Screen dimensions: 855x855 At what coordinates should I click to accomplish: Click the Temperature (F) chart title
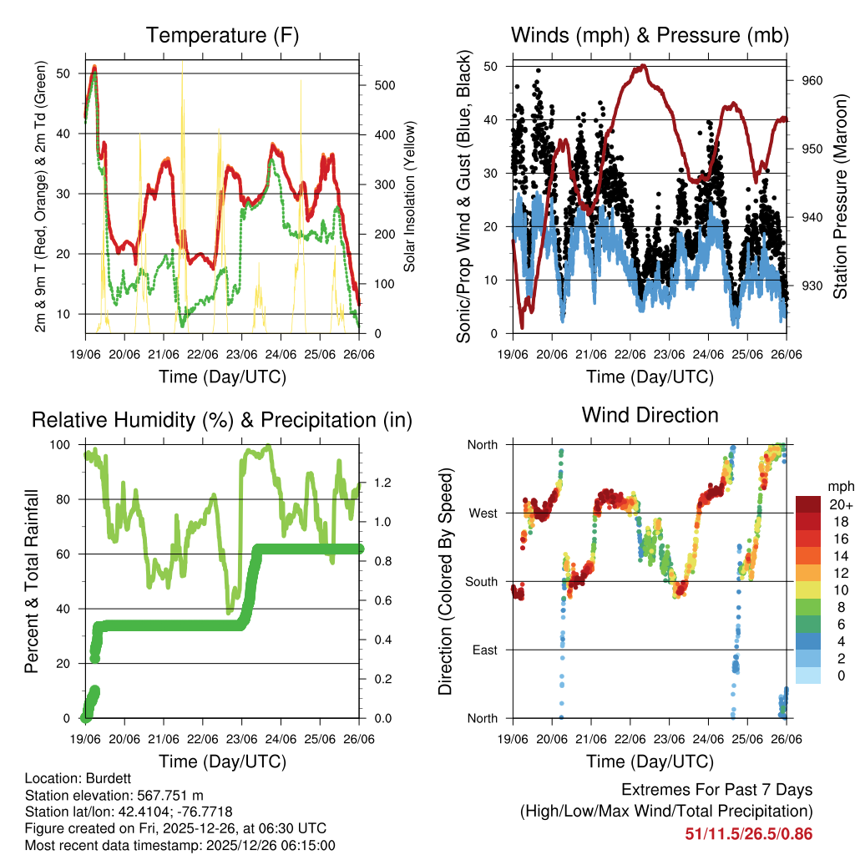222,35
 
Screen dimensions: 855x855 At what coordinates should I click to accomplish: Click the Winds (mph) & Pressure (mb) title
650,35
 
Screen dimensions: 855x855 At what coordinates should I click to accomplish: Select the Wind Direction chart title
650,414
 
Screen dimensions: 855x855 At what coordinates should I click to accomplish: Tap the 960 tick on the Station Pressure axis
813,80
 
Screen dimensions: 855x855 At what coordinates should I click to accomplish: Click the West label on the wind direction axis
482,513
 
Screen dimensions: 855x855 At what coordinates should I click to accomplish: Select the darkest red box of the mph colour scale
808,503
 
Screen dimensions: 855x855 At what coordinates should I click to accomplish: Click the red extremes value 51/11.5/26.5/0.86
749,834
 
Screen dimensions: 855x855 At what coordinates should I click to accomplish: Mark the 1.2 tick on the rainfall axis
383,483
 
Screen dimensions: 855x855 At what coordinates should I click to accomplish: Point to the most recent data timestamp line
180,845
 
